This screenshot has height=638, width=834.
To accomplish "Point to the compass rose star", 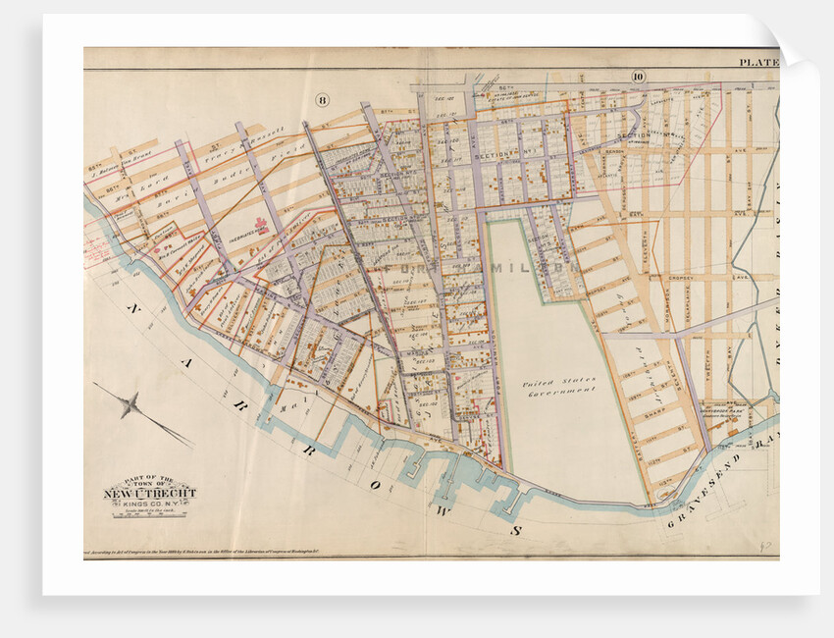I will click(x=130, y=403).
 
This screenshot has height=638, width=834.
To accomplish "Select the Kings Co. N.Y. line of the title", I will click(x=150, y=504).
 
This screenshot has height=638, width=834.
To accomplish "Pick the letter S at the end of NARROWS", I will click(x=512, y=529).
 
